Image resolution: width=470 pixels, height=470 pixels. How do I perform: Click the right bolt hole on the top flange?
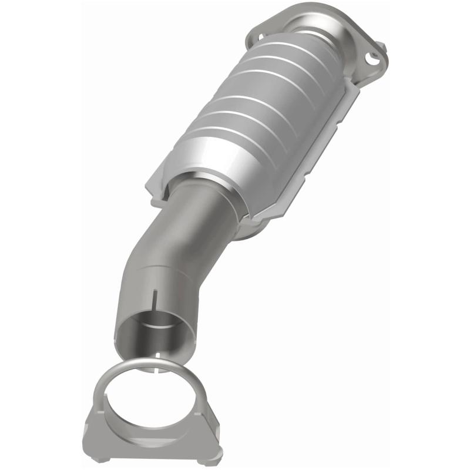pos(372,57)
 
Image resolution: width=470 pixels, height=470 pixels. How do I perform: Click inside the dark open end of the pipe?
pos(150,332)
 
